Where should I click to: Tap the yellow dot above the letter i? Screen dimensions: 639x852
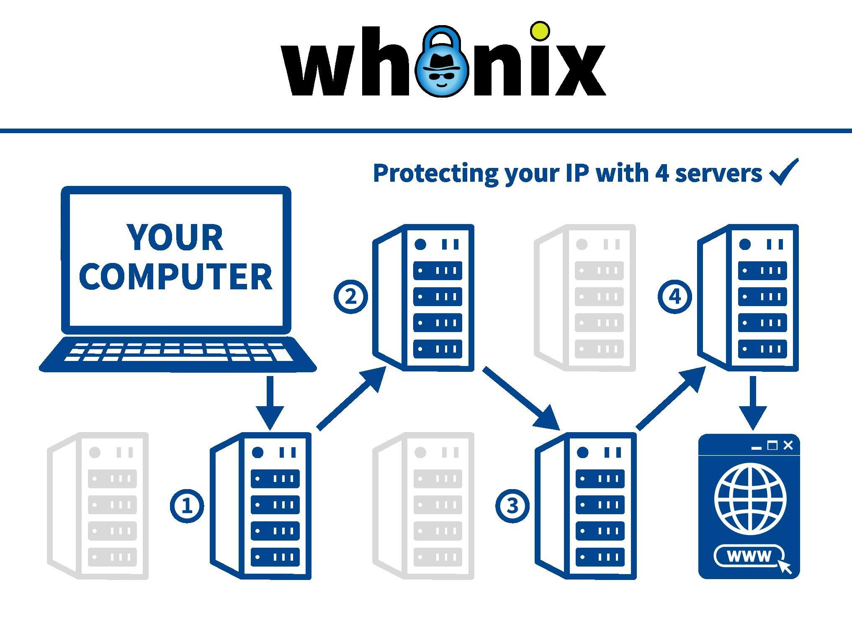pos(540,31)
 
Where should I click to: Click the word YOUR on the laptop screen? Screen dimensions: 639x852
pos(175,237)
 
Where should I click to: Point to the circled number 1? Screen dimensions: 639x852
pos(187,506)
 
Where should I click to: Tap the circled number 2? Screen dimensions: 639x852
pos(350,297)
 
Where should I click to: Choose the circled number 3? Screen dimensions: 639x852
pos(512,506)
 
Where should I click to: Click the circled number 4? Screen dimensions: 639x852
pos(674,297)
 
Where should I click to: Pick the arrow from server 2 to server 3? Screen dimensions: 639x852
pos(521,398)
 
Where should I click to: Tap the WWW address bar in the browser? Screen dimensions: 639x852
pos(749,556)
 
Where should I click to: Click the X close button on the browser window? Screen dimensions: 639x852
pos(788,446)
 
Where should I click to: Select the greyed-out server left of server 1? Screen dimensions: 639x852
pos(99,506)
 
